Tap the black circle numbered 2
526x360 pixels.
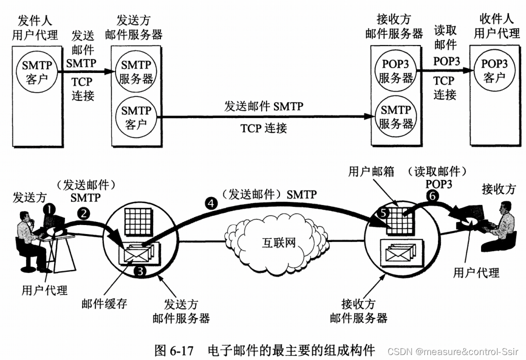[84, 213]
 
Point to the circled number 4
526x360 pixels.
[210, 203]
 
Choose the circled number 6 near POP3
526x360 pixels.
[432, 196]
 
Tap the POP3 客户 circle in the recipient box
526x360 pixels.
[494, 70]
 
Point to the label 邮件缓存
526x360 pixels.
[104, 303]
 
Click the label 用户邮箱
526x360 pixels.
[371, 172]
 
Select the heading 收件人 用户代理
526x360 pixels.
[496, 27]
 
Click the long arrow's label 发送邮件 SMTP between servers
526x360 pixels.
[263, 106]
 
